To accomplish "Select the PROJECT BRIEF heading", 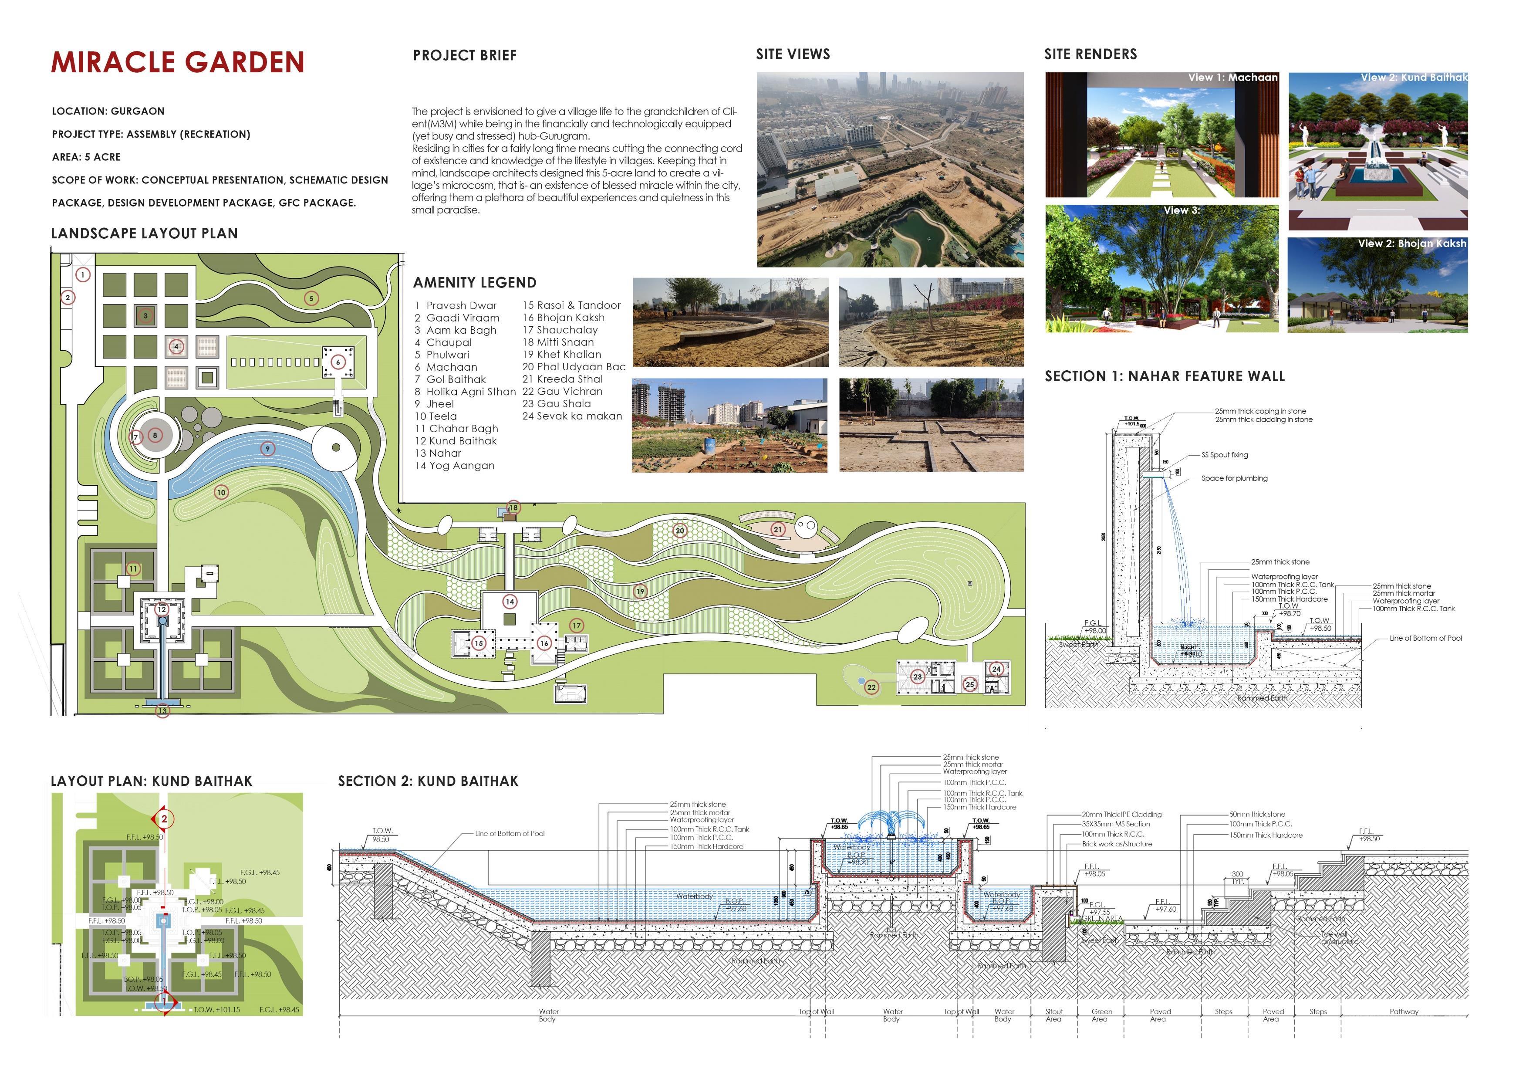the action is pyautogui.click(x=465, y=55).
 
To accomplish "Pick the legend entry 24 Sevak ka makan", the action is pyautogui.click(x=572, y=416).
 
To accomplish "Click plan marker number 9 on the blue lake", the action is pyautogui.click(x=268, y=449).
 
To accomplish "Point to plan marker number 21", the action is pyautogui.click(x=778, y=529).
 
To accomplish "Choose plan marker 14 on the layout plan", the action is pyautogui.click(x=510, y=602).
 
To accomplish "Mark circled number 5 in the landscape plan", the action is pyautogui.click(x=311, y=298).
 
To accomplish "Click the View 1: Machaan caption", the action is pyautogui.click(x=1233, y=78).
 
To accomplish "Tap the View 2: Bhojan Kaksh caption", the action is pyautogui.click(x=1412, y=244).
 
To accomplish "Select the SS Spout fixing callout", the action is pyautogui.click(x=1225, y=455).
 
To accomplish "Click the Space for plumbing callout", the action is pyautogui.click(x=1234, y=478).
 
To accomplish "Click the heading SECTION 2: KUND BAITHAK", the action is pyautogui.click(x=428, y=781).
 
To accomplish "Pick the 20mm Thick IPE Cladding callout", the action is pyautogui.click(x=1122, y=815).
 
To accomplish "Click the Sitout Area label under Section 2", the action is pyautogui.click(x=1054, y=1015).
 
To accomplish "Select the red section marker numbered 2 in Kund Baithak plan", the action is pyautogui.click(x=164, y=819).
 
